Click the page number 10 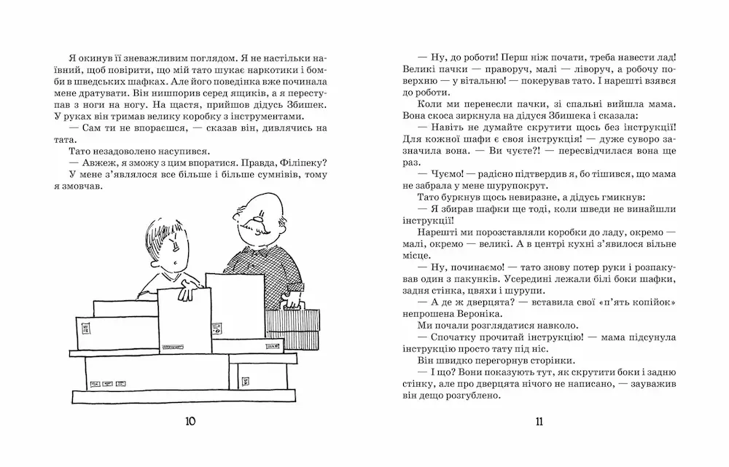191,421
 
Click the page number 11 539,421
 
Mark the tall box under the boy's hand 185,321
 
